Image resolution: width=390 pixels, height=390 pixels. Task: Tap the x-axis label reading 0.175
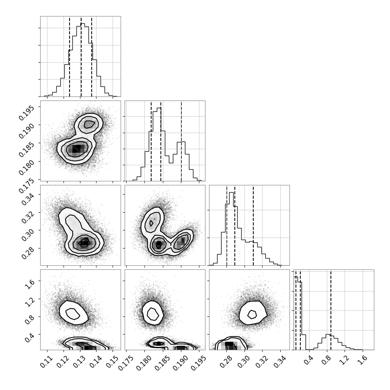[x=126, y=363]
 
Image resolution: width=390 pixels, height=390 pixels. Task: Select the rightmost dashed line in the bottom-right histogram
[x=331, y=310]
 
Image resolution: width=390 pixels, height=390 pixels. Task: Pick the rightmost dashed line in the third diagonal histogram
[x=253, y=225]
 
